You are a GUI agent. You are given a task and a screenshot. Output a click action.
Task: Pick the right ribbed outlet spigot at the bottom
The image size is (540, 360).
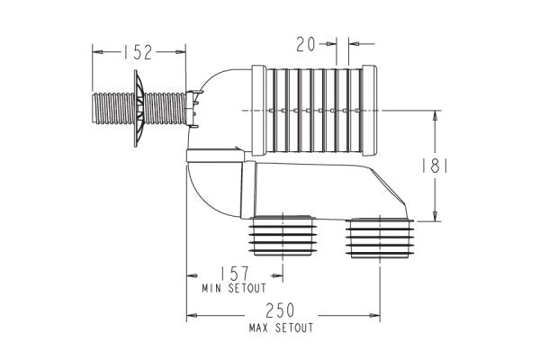[378, 238]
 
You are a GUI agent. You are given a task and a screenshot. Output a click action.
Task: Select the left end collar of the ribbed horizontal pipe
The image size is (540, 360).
[256, 104]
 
